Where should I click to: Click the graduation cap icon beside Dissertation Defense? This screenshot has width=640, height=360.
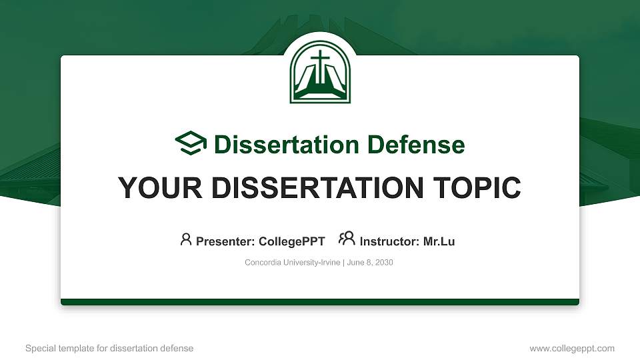[x=191, y=144]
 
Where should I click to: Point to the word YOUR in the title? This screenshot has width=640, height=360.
[x=155, y=188]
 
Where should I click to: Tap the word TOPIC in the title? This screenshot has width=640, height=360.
[x=477, y=188]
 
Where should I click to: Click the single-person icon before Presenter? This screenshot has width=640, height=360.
[x=186, y=239]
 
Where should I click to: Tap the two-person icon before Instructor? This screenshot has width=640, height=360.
[x=347, y=239]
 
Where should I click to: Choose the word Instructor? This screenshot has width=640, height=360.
[x=389, y=241]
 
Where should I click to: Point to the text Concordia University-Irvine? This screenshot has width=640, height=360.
[x=293, y=263]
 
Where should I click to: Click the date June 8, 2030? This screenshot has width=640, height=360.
[x=370, y=263]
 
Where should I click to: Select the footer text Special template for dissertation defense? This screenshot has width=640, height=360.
[x=109, y=348]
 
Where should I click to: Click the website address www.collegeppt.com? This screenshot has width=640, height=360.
[x=572, y=348]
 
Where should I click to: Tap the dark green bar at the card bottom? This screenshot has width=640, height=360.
[x=320, y=302]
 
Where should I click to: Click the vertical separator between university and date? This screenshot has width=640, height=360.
[x=343, y=263]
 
